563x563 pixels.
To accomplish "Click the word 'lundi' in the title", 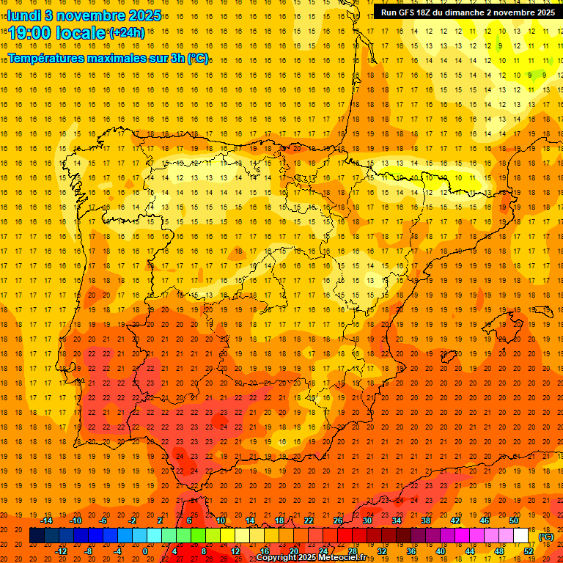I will click(x=24, y=15).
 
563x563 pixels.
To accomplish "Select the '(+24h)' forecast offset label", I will click(x=127, y=33).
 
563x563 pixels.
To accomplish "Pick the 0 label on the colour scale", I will click(x=145, y=551).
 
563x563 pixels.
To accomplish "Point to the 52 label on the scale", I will click(x=528, y=551).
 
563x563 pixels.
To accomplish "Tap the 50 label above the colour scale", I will click(x=514, y=520).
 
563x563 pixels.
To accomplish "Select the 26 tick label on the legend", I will click(x=338, y=520).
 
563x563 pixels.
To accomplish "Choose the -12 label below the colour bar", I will click(x=61, y=551).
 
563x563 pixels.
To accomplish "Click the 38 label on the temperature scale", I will click(x=426, y=520).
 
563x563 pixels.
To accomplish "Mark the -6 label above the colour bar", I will click(x=103, y=520).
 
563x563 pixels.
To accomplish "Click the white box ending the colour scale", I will click(x=521, y=536).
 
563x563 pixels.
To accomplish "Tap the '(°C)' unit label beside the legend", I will click(x=546, y=537).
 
